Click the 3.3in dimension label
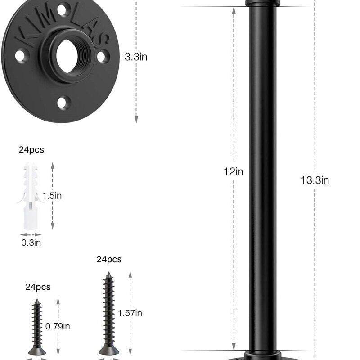click(136, 57)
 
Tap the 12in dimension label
click(234, 172)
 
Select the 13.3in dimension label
click(315, 180)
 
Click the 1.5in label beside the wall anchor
click(52, 196)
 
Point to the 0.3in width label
click(31, 243)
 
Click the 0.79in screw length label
click(58, 326)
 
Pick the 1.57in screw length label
click(130, 313)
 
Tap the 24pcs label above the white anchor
click(31, 150)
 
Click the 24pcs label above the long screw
click(109, 259)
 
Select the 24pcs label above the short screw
click(38, 287)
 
